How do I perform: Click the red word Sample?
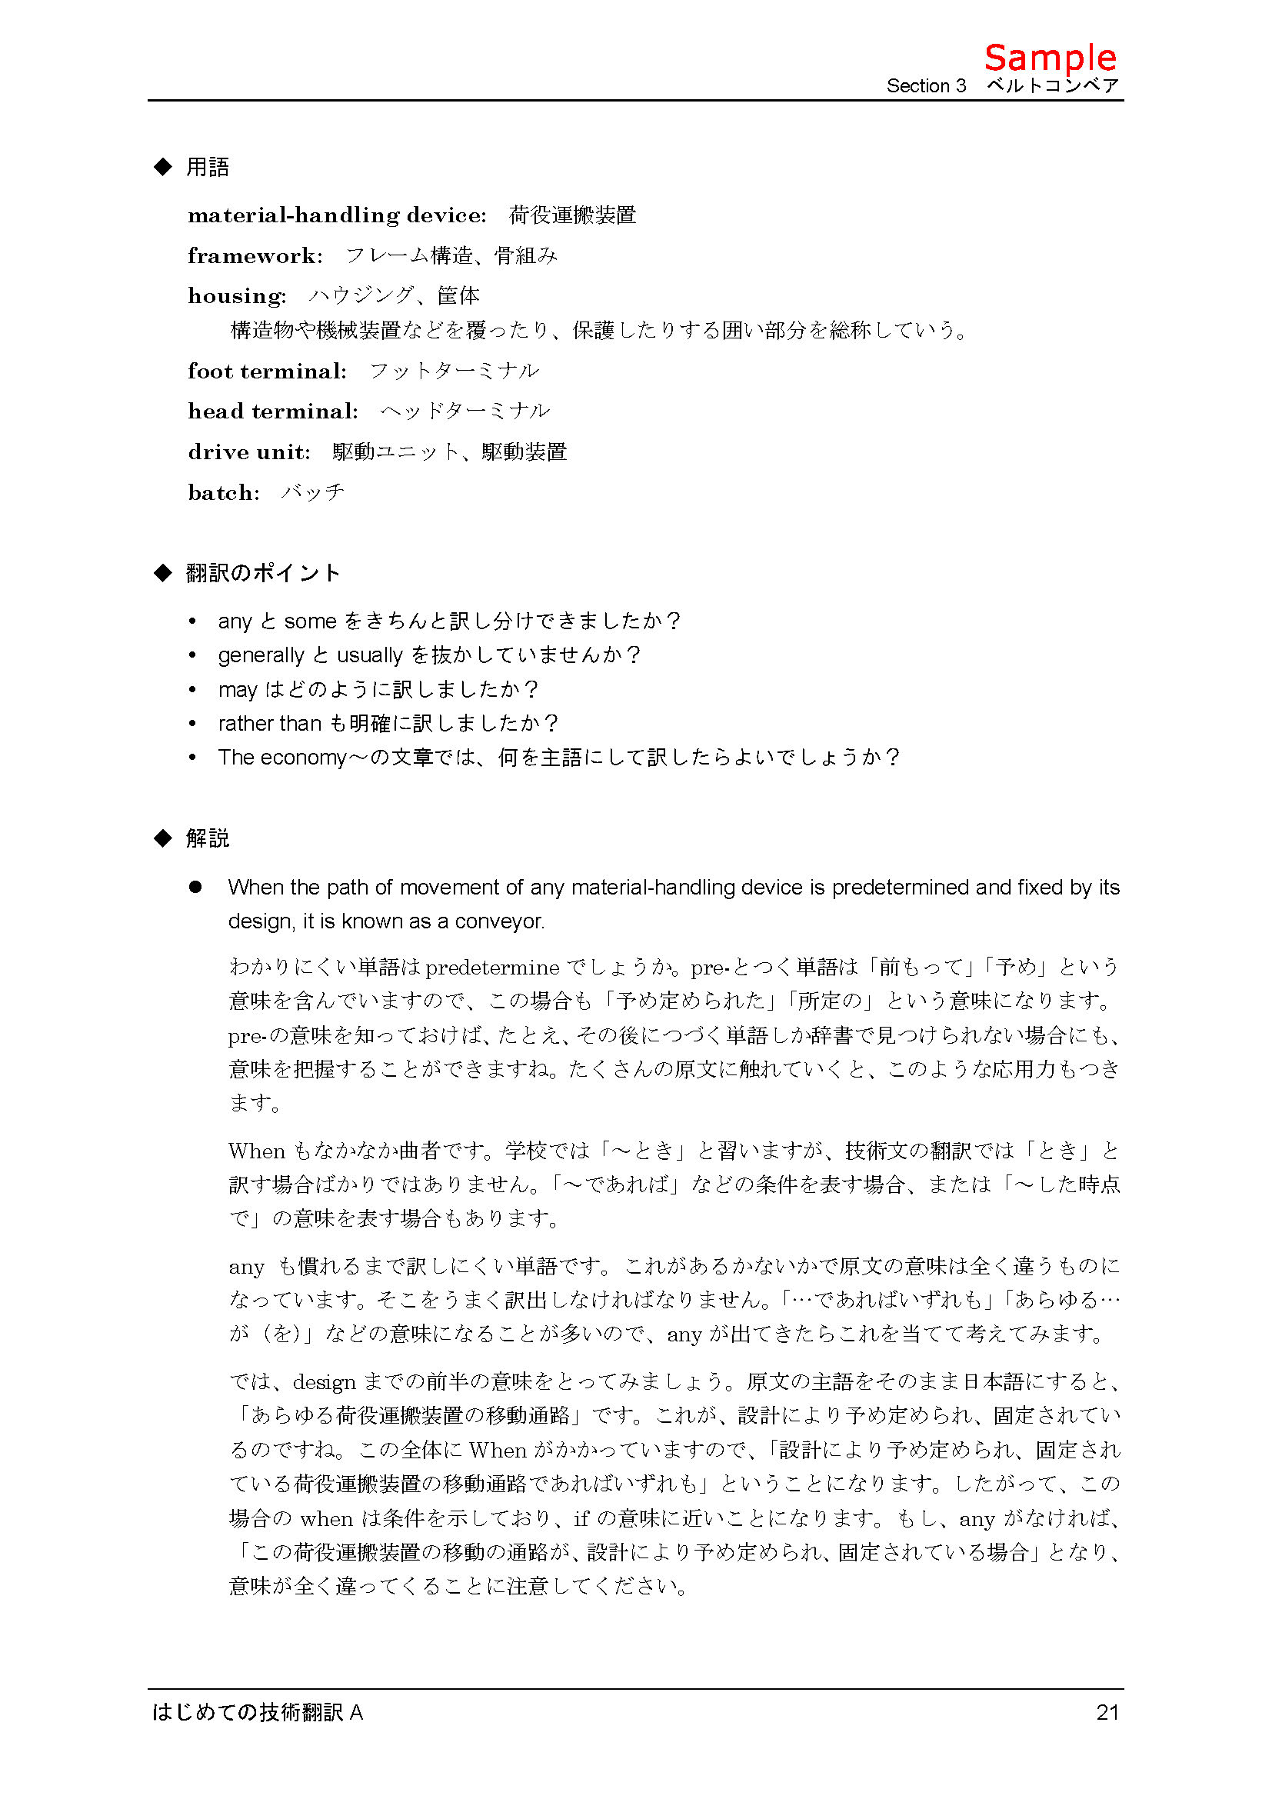[x=1050, y=58]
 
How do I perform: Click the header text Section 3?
[x=926, y=86]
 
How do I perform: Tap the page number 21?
[x=1107, y=1712]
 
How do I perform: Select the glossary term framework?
[x=255, y=256]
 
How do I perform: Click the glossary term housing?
[x=237, y=296]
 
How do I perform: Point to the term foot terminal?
[x=267, y=371]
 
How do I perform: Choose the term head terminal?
[x=272, y=411]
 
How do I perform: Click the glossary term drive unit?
[x=249, y=452]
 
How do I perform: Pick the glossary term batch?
[x=223, y=493]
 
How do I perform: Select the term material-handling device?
[x=337, y=215]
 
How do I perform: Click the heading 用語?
[x=208, y=168]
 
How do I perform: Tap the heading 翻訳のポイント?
[x=263, y=573]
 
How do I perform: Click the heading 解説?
[x=208, y=838]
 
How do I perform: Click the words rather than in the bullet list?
[x=269, y=723]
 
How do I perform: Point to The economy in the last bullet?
[x=282, y=758]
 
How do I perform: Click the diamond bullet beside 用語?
[x=163, y=167]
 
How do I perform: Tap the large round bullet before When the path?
[x=195, y=887]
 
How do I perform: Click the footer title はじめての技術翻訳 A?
[x=257, y=1712]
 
